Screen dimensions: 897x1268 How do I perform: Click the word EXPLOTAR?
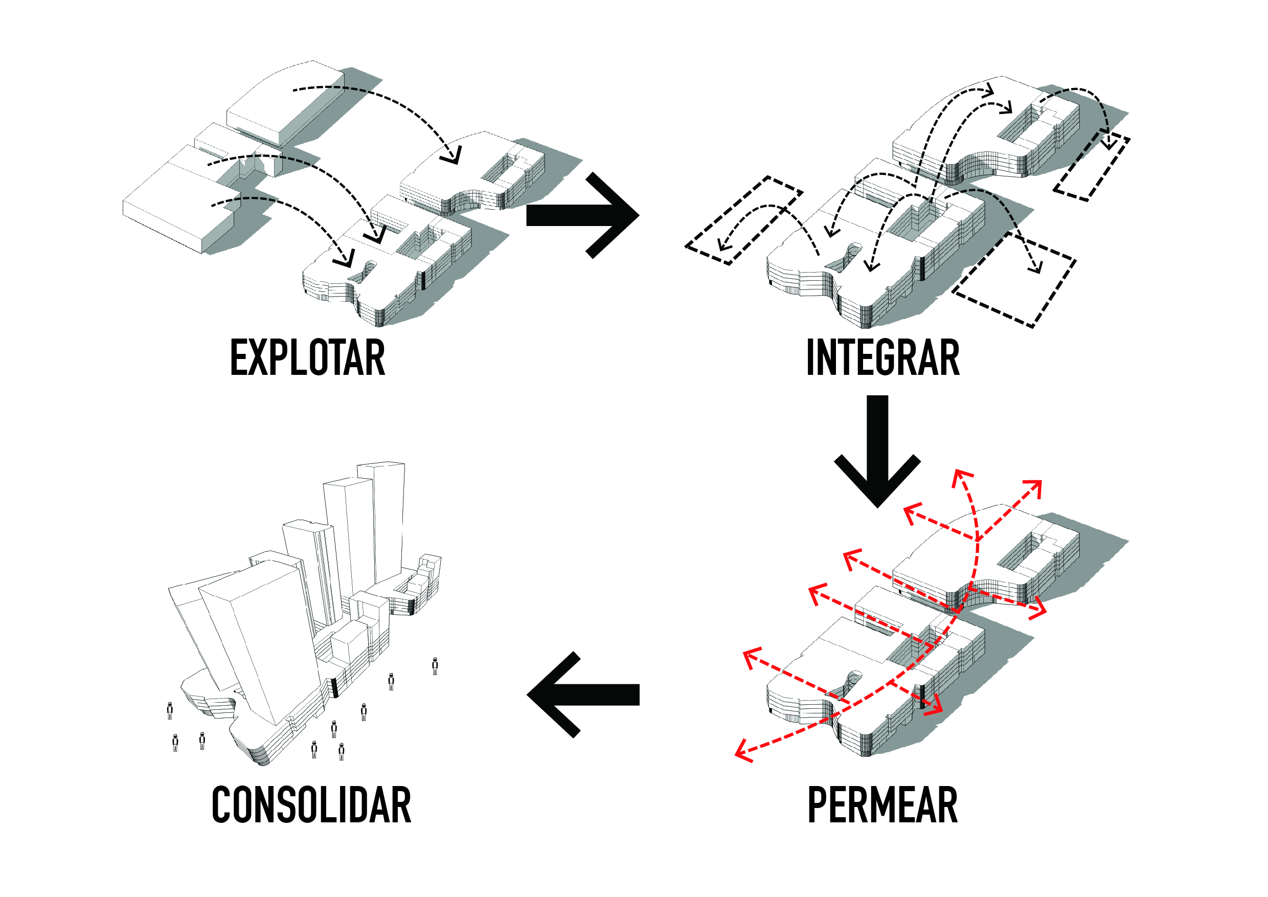[x=307, y=358]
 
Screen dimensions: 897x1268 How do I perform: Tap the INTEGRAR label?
[x=882, y=358]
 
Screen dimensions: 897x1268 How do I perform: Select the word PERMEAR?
[x=882, y=805]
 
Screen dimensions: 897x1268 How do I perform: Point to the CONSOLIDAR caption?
[x=311, y=805]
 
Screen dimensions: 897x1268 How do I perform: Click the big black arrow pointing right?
[x=583, y=215]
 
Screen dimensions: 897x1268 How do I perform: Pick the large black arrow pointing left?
[x=583, y=695]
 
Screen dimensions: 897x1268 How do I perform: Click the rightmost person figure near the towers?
[x=435, y=667]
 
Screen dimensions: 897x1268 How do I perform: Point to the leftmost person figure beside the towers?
[x=170, y=711]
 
